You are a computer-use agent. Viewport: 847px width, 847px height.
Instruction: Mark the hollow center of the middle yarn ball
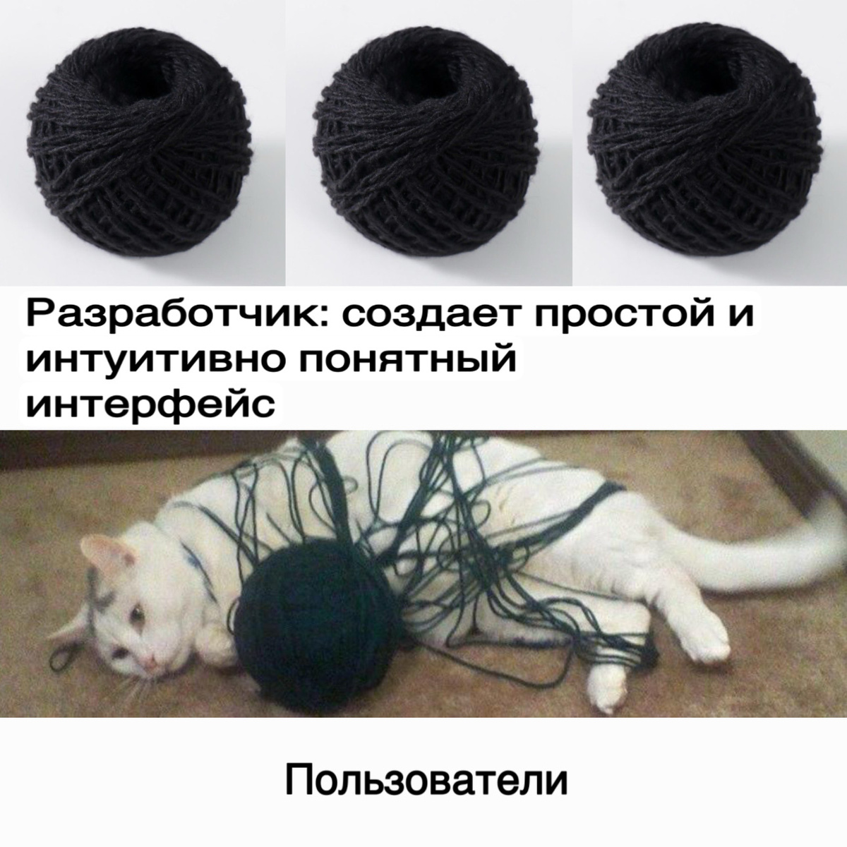point(426,73)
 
